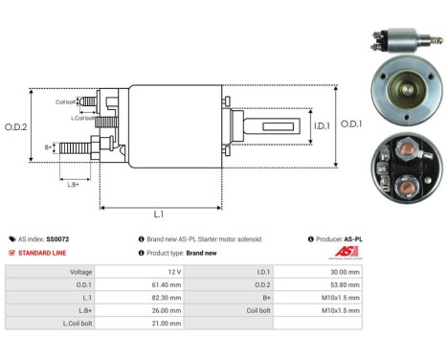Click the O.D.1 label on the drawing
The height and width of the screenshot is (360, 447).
pyautogui.click(x=352, y=124)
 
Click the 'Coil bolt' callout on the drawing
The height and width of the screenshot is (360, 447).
pyautogui.click(x=65, y=101)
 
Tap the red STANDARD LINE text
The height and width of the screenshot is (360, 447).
pyautogui.click(x=41, y=253)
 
